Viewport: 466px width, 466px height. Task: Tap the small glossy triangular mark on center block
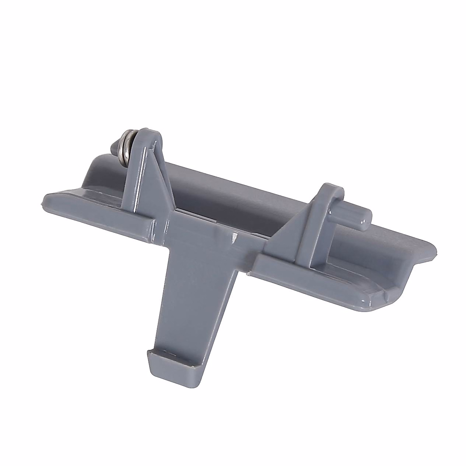coord(235,237)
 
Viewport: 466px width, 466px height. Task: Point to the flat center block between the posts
coord(206,233)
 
